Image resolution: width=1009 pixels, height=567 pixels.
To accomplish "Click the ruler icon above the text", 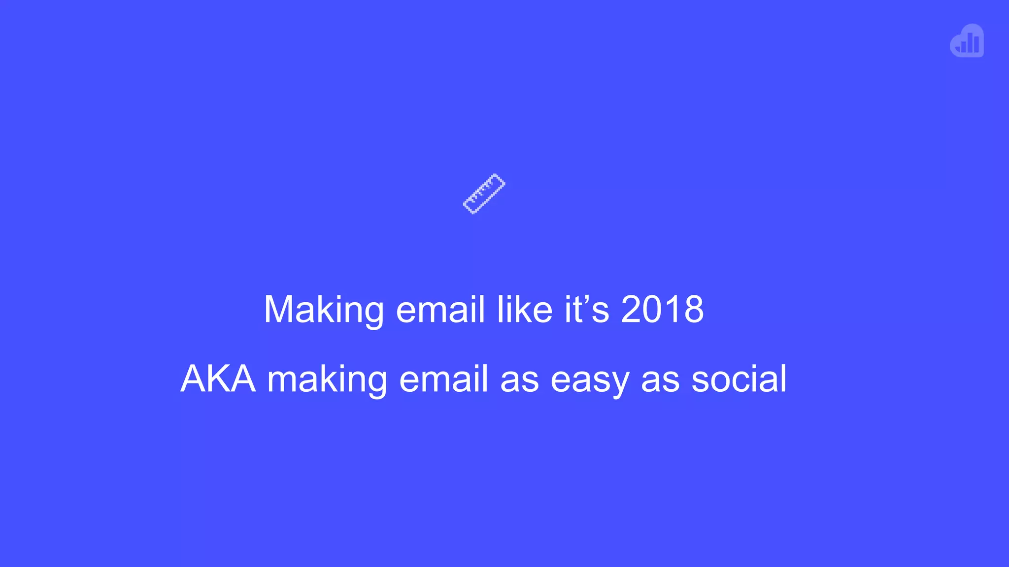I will tap(484, 194).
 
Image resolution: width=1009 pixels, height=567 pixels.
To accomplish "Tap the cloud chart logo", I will tap(967, 41).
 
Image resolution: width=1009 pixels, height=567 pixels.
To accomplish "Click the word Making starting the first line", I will tap(323, 310).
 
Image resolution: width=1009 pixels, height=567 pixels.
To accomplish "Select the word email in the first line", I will tap(440, 310).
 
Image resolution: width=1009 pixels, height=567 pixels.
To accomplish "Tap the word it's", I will tap(587, 309).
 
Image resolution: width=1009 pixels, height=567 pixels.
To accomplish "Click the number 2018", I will tap(662, 309).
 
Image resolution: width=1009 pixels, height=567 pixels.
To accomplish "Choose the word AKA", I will tap(218, 379).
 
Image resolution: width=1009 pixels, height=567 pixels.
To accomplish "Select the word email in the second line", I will tap(443, 379).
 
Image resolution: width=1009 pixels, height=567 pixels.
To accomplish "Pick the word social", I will tap(739, 379).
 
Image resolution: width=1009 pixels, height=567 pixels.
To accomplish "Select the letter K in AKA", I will tap(218, 379).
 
